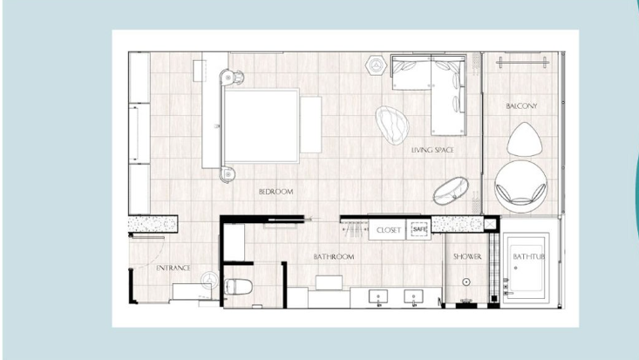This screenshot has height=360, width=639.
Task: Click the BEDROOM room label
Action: pos(275,192)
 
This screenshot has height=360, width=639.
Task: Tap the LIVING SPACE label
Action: pos(432,150)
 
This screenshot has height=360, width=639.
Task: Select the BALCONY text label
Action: pos(521,106)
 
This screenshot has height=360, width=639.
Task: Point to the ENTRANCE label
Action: pos(173,268)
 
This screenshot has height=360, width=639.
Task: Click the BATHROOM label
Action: pos(334,257)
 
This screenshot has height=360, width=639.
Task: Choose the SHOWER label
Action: pos(467,256)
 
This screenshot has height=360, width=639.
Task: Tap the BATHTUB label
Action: pos(528,256)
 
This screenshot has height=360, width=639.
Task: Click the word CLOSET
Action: pos(389,230)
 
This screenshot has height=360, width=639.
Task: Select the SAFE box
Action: pos(419,229)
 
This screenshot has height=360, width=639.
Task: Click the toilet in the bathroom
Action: pos(238,287)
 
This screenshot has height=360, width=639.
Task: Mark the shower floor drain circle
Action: pos(466,282)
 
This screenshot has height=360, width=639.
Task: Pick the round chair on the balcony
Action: pos(520,187)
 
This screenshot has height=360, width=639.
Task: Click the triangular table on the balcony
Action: pos(525,139)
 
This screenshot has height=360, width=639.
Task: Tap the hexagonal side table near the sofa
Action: pos(376,65)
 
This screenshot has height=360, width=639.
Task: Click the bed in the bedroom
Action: pos(262,126)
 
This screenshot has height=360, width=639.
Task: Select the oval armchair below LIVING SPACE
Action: pos(451,191)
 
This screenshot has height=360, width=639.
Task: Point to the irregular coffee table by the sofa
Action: pos(392,126)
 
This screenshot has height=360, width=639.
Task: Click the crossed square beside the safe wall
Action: pos(490,224)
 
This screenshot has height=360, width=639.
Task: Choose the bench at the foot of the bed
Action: pos(311,125)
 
